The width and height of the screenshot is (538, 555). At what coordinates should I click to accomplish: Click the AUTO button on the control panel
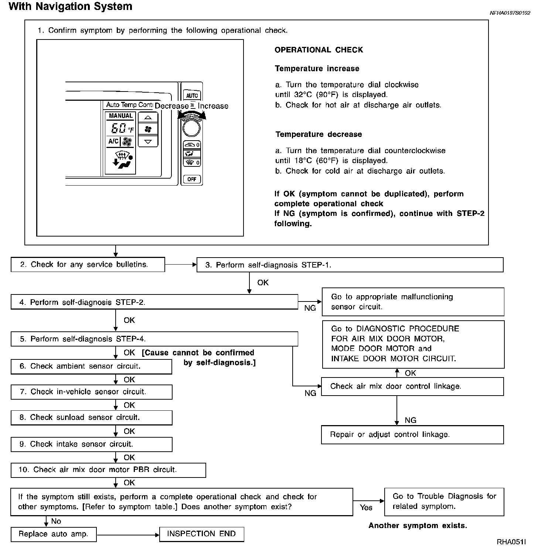(x=192, y=95)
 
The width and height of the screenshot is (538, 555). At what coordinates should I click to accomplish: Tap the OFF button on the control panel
(x=192, y=179)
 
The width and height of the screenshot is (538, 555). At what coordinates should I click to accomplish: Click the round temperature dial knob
(x=191, y=128)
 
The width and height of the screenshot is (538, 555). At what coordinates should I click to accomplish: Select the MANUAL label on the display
(x=121, y=116)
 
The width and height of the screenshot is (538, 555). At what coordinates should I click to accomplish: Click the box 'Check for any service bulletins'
(x=88, y=265)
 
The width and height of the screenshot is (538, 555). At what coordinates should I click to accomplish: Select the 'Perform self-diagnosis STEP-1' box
(x=350, y=265)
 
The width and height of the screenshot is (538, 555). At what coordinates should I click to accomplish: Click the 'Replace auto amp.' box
(x=54, y=534)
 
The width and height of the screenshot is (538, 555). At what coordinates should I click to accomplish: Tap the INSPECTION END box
(x=201, y=534)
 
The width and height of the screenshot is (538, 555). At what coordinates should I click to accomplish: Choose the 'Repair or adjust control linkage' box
(x=412, y=435)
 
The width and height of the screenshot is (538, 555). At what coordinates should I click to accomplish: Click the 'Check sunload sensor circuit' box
(x=91, y=417)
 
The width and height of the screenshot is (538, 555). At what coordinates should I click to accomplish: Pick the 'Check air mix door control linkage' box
(x=412, y=386)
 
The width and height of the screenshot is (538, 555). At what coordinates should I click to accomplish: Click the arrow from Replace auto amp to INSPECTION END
(x=128, y=534)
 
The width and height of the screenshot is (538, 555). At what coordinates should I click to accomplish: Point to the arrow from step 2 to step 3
(x=181, y=265)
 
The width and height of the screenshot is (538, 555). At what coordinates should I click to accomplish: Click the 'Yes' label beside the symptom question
(x=366, y=507)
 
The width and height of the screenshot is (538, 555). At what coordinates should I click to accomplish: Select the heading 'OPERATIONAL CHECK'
(x=319, y=50)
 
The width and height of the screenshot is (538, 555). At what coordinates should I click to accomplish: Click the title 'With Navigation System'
(x=70, y=7)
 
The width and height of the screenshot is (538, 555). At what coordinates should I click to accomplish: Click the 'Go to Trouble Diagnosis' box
(x=444, y=501)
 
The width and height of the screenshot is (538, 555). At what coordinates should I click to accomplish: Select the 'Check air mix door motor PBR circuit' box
(x=108, y=470)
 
